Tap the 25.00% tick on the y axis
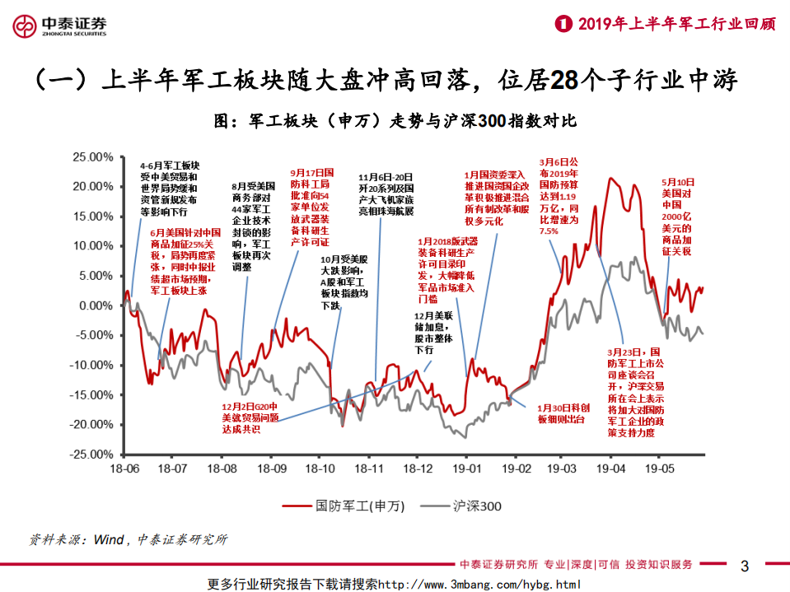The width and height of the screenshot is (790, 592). (90, 156)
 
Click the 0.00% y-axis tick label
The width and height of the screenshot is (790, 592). (93, 305)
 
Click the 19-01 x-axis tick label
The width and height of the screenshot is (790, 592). (466, 468)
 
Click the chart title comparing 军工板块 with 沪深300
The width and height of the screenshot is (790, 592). (395, 121)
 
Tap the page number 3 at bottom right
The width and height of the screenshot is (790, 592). (745, 566)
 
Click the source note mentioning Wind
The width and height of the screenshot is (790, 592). (128, 540)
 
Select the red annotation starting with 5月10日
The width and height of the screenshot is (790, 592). (679, 216)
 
